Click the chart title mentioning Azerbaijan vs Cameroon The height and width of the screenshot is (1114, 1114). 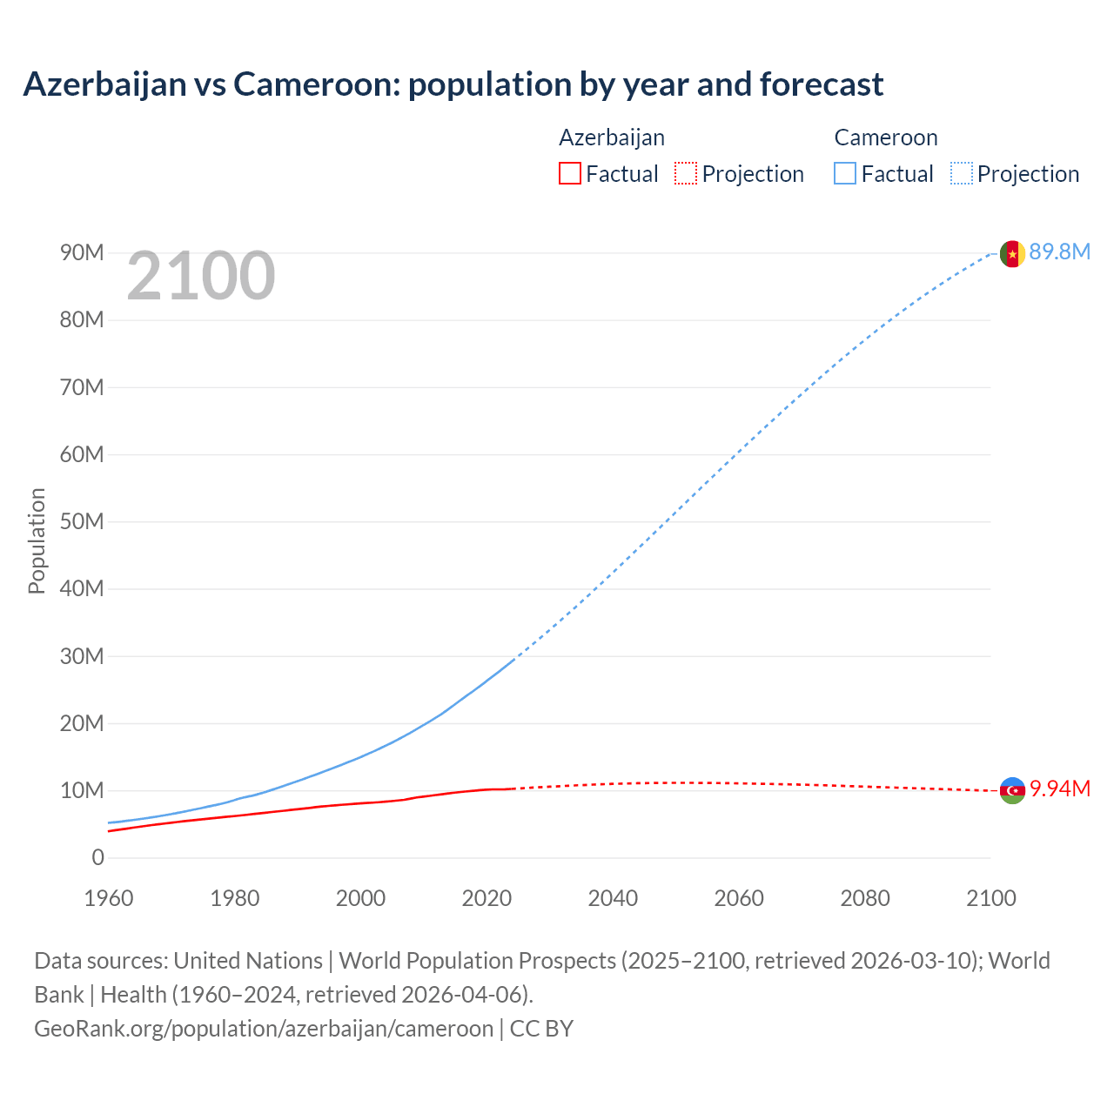point(453,84)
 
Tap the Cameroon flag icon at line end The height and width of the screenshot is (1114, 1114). point(1011,253)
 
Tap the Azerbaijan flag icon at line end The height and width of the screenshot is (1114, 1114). point(1011,790)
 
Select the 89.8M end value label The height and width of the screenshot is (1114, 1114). point(1059,252)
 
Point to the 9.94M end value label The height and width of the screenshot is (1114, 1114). point(1059,789)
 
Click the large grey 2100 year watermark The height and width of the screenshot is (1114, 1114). point(201,276)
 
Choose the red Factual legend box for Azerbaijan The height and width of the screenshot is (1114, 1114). point(569,174)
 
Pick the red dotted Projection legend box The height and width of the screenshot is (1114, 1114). point(686,174)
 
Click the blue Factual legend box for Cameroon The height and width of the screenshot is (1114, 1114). point(844,174)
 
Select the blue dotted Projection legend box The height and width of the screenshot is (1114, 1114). point(961,174)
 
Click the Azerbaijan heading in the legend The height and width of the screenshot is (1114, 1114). point(612,138)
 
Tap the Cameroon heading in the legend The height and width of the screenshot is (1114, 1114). point(886,138)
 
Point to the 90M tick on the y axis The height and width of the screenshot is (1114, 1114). point(82,253)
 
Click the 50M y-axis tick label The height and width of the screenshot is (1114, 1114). point(82,522)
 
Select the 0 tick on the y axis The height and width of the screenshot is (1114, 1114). point(97,858)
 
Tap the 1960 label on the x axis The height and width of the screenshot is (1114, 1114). point(109,898)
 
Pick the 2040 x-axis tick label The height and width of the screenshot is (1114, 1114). point(613,898)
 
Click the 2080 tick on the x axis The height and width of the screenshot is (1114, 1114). point(865,898)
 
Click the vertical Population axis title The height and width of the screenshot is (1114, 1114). point(37,540)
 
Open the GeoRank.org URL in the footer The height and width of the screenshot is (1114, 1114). point(264,1029)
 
